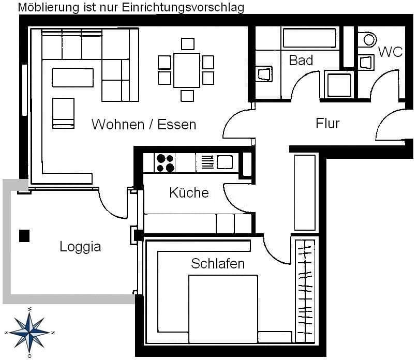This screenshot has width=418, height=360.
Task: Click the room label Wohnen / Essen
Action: pyautogui.click(x=144, y=125)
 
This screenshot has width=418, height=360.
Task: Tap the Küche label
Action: pyautogui.click(x=189, y=193)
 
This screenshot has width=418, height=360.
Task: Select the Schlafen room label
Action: pyautogui.click(x=218, y=264)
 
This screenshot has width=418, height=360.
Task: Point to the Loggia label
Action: pyautogui.click(x=80, y=247)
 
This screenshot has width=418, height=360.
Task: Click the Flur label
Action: pyautogui.click(x=327, y=124)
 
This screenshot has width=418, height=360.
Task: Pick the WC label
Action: pyautogui.click(x=390, y=52)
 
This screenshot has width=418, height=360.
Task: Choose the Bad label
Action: pyautogui.click(x=301, y=61)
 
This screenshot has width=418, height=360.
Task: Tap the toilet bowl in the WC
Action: pyautogui.click(x=369, y=39)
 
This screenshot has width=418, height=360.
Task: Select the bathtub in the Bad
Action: pyautogui.click(x=309, y=38)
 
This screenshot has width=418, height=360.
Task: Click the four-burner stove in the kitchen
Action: pyautogui.click(x=166, y=163)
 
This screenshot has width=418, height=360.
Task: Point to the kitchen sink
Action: pyautogui.click(x=225, y=162)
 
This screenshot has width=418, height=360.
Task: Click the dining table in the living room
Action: pyautogui.click(x=187, y=70)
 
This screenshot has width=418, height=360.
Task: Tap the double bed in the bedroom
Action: pyautogui.click(x=223, y=309)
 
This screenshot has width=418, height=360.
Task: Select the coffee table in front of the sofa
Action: pyautogui.click(x=72, y=78)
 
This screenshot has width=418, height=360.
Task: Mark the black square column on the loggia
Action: pyautogui.click(x=24, y=236)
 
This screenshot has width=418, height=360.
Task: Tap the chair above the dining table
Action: pyautogui.click(x=187, y=43)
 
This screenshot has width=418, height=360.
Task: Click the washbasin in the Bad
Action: pyautogui.click(x=263, y=73)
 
